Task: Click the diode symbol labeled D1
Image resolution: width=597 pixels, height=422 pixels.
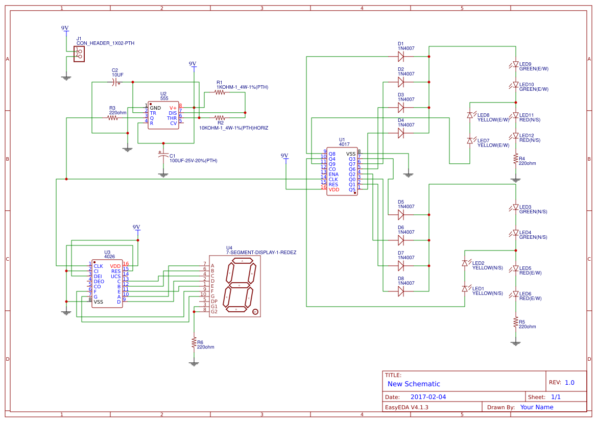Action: (401, 56)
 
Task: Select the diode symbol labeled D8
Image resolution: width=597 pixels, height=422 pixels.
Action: (401, 291)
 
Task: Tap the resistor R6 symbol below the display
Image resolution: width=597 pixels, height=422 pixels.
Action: (194, 342)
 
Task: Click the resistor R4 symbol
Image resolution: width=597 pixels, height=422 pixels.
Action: (515, 159)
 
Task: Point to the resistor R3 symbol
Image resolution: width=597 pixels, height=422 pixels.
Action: (112, 117)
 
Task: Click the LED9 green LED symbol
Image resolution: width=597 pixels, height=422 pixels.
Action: (515, 65)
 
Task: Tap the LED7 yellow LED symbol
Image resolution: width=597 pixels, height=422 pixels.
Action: (470, 140)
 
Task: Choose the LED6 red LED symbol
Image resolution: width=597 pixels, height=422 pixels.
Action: (515, 294)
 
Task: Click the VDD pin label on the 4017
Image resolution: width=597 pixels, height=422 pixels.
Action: (334, 190)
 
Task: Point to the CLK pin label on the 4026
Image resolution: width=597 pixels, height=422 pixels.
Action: (98, 266)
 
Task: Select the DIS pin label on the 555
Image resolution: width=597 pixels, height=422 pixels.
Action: (173, 113)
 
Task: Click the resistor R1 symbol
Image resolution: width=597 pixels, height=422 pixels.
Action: (220, 92)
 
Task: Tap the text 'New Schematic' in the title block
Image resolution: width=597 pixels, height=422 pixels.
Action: (414, 384)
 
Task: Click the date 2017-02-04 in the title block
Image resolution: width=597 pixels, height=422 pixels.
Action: (428, 396)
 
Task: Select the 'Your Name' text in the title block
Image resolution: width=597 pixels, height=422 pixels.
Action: (537, 407)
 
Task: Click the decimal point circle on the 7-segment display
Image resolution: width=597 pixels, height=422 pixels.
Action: (255, 312)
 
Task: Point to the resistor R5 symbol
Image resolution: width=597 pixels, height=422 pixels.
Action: (515, 322)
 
